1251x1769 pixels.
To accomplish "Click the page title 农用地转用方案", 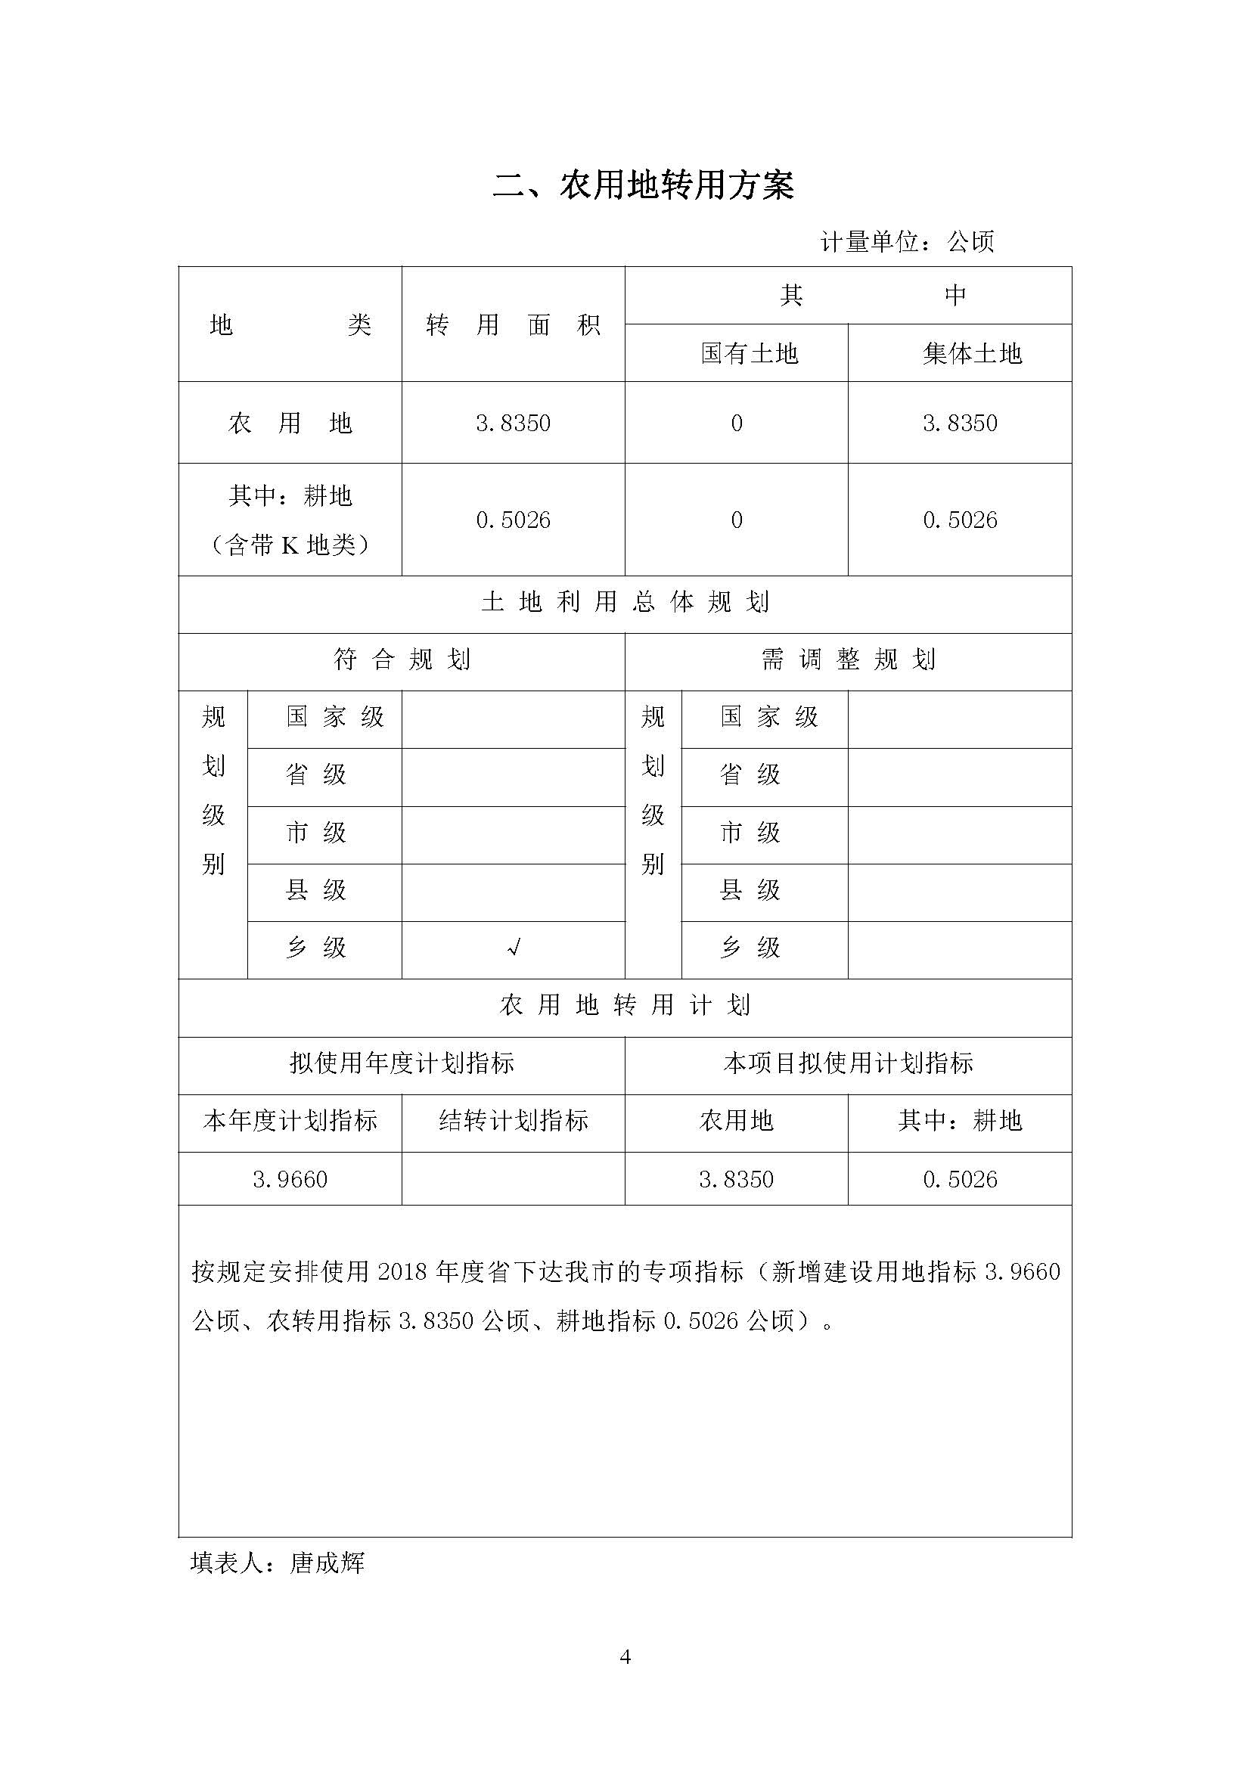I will point(642,186).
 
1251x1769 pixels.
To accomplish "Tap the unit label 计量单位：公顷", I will point(907,242).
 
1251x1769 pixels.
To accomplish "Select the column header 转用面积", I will point(513,325).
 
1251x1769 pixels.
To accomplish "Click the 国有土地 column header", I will point(737,354).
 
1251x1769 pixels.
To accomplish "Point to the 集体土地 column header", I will point(960,354).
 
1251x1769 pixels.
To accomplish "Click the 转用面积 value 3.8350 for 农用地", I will point(513,423).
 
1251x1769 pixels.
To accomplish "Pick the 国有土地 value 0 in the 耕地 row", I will point(737,520).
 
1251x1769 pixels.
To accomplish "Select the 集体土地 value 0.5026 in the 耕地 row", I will point(960,520).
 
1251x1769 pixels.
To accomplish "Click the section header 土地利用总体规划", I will point(625,602).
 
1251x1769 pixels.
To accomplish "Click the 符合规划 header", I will point(402,659).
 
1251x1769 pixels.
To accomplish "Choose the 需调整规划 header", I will point(848,659).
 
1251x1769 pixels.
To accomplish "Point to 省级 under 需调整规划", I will point(750,774).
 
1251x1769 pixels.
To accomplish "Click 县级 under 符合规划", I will point(316,891).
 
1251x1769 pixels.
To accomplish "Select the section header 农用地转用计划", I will point(625,1005).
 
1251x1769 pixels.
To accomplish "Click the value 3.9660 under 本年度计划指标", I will point(290,1180).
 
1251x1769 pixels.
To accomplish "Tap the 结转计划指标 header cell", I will point(513,1120).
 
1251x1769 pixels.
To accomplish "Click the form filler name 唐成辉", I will point(327,1563).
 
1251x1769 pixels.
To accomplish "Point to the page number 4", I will point(625,1657).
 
